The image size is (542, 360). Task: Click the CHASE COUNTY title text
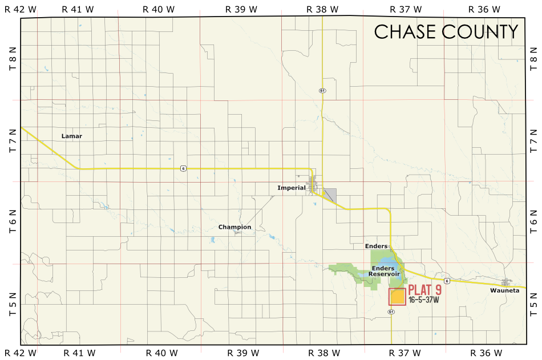446,32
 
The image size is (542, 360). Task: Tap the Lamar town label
72,136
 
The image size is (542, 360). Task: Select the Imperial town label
292,188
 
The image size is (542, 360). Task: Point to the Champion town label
234,227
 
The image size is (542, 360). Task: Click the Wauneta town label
504,290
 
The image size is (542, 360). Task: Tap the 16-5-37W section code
423,300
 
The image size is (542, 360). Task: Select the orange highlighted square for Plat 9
398,297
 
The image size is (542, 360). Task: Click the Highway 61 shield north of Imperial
322,91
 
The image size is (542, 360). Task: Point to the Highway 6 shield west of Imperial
183,168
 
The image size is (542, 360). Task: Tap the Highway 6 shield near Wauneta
447,281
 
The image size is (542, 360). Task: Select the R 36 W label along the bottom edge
485,353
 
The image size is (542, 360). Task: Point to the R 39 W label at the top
241,9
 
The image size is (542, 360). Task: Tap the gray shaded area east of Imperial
330,195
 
